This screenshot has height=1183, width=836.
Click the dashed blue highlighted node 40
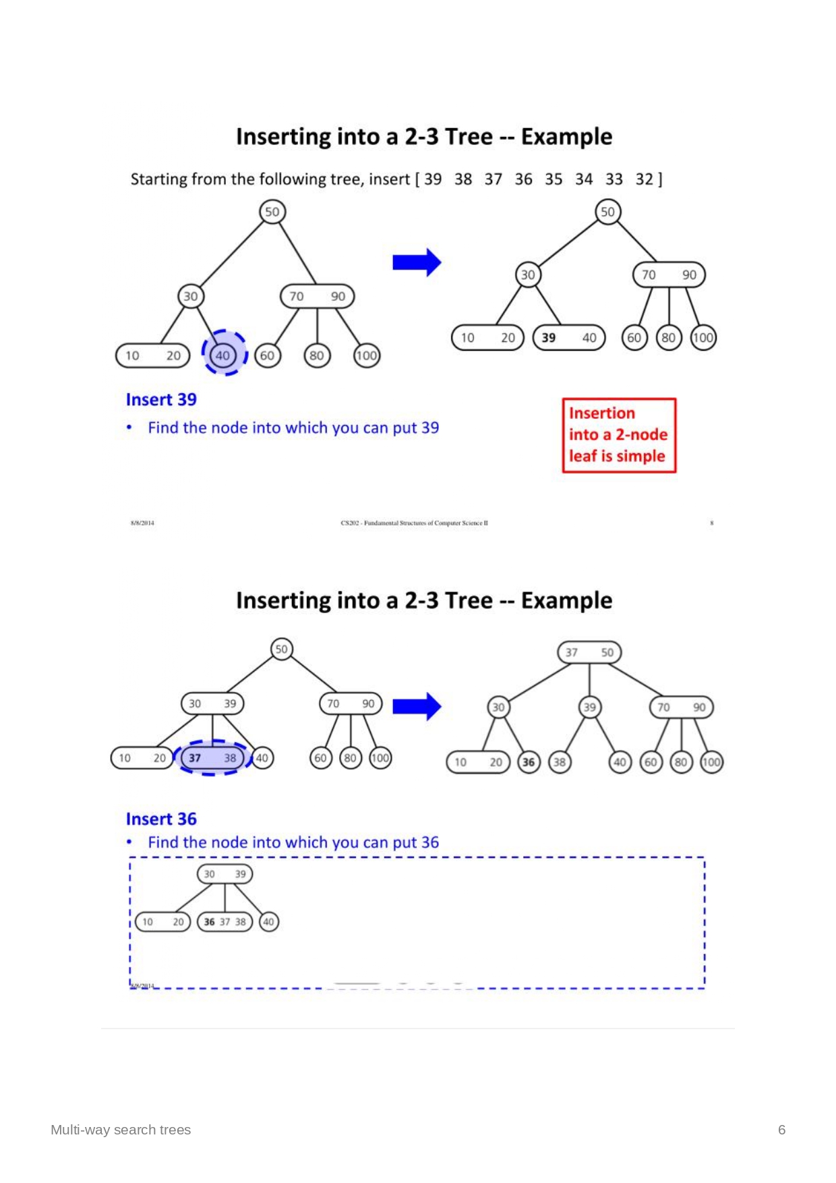coord(223,355)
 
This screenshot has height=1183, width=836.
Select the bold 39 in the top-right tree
coord(549,337)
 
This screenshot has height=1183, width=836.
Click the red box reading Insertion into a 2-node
coord(619,435)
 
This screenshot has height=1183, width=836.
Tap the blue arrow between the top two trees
coord(417,262)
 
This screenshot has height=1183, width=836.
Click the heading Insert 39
coord(161,399)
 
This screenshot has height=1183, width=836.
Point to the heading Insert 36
coord(161,819)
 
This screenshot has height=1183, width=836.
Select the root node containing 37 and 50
coord(589,652)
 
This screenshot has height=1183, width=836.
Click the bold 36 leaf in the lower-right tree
coord(529,762)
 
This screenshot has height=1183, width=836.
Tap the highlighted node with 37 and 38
coord(212,757)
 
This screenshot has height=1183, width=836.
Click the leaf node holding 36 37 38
coord(225,921)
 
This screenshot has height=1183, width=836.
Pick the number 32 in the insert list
coord(645,179)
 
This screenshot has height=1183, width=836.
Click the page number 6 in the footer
coord(781,1130)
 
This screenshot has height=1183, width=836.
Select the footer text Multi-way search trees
coord(121,1130)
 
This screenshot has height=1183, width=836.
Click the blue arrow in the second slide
coord(417,706)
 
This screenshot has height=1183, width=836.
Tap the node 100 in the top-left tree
coord(367,355)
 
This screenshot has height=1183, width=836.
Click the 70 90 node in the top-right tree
coord(668,275)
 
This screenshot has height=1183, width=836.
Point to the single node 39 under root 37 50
coord(589,707)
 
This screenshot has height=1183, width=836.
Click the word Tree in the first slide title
coord(468,137)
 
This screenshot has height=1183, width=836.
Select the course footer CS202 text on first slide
coord(414,523)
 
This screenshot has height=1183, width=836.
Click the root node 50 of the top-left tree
coord(272,212)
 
